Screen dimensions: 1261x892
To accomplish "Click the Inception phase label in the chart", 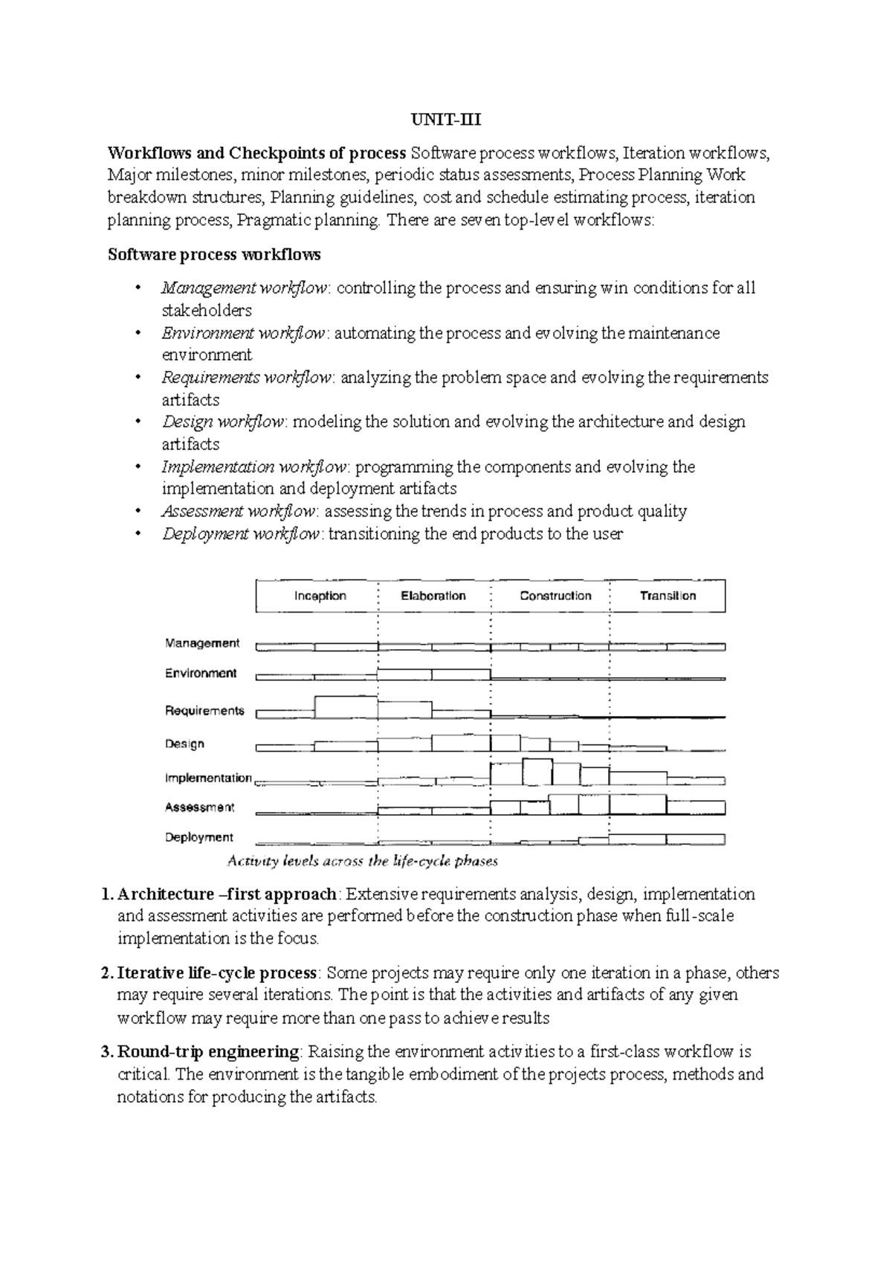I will tap(320, 596).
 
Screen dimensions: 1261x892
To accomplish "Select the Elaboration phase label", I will tap(433, 596).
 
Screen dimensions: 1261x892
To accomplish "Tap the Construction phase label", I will tap(555, 596).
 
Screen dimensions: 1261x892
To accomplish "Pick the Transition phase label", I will tap(668, 596).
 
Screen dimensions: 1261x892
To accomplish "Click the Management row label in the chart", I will tap(202, 643).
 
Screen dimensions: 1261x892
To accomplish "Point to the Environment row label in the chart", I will tap(201, 673).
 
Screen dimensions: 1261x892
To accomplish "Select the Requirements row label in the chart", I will tap(204, 711).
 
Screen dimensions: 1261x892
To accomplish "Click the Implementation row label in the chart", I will tap(208, 778).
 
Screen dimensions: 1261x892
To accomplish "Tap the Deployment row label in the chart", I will tap(199, 837).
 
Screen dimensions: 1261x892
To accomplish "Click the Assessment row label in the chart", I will tap(199, 807).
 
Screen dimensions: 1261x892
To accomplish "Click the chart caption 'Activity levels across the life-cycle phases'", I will tap(362, 862).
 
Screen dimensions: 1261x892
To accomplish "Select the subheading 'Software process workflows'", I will tap(214, 254).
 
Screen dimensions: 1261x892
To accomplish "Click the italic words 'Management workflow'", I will tap(245, 288).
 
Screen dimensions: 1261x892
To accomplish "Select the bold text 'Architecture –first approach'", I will tap(227, 894).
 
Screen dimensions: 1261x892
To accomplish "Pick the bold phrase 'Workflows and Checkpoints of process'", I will tap(256, 153).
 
